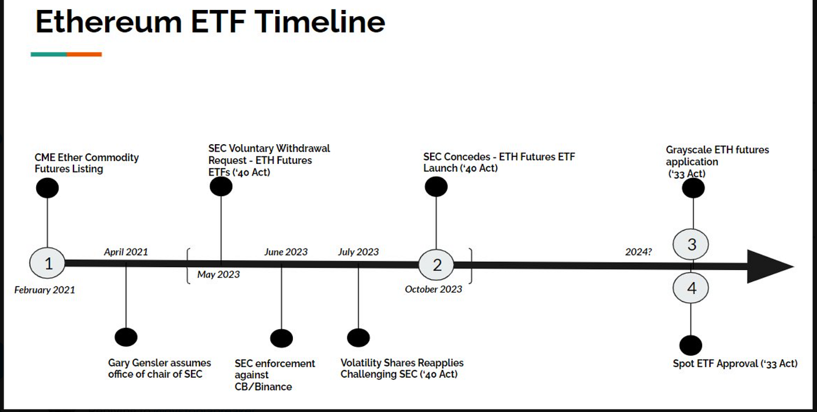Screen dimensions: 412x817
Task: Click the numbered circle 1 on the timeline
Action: (48, 264)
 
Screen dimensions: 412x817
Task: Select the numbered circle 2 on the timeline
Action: (437, 266)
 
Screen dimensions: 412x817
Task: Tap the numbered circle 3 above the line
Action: (691, 244)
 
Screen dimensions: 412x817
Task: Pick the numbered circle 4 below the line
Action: (691, 288)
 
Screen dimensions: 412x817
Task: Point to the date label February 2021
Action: (44, 289)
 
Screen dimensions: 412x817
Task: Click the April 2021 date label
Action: (126, 252)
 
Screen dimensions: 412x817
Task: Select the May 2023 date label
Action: (218, 274)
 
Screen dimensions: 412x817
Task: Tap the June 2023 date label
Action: (286, 252)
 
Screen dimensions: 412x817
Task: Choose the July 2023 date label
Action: (358, 252)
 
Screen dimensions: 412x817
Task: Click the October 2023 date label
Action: (434, 289)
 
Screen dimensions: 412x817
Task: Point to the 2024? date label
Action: (638, 252)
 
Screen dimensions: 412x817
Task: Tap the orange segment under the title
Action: (84, 54)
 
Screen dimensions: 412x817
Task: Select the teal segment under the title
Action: (48, 54)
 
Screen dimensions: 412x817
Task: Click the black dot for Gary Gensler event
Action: (126, 337)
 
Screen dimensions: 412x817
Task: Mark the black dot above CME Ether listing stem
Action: (47, 188)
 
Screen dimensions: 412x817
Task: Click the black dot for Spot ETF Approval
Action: (691, 345)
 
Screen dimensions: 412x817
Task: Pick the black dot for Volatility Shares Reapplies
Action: (358, 337)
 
